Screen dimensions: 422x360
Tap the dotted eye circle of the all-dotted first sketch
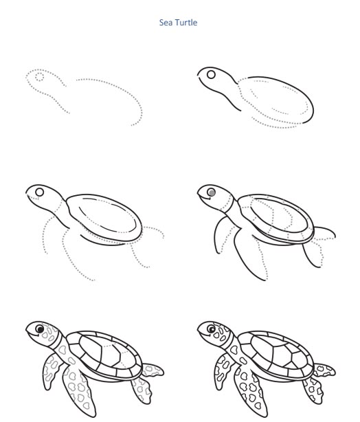tap(39, 77)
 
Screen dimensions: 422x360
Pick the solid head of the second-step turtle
tap(214, 80)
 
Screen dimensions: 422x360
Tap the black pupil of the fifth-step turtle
tap(40, 330)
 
